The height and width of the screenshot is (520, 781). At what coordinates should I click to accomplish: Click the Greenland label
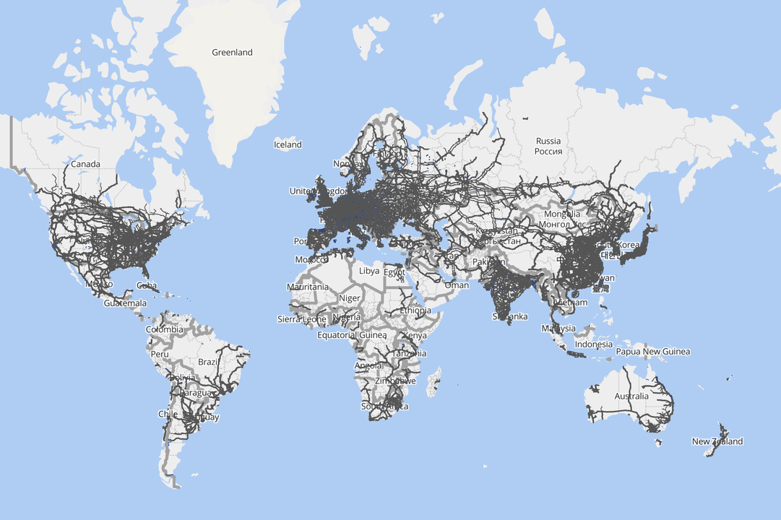tap(232, 52)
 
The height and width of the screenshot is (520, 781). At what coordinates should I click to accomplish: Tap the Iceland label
tap(288, 144)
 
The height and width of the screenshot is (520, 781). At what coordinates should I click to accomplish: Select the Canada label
tap(85, 164)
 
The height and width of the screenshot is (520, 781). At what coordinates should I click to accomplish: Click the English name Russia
tap(548, 141)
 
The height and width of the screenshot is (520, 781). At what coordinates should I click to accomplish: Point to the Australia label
tap(631, 396)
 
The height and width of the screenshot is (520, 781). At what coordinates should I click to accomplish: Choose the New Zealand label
tap(717, 441)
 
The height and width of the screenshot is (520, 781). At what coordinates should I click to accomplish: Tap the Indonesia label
tap(593, 344)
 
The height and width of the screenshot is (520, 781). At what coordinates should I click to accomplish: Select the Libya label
tap(368, 271)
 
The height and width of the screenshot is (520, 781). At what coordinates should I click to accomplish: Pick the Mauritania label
tap(307, 287)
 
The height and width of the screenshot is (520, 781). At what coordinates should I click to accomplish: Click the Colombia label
tap(164, 329)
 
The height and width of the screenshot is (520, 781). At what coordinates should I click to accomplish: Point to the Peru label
tap(159, 355)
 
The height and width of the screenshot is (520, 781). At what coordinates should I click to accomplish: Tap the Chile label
tap(168, 414)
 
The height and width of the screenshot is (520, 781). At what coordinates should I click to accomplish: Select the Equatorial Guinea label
tap(347, 335)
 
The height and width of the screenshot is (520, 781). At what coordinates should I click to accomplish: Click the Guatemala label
tap(124, 303)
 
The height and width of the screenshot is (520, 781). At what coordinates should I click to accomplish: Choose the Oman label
tap(456, 285)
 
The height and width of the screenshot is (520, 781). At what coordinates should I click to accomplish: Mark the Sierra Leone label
tap(301, 318)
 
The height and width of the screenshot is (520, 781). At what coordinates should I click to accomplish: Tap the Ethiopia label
tap(415, 311)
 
